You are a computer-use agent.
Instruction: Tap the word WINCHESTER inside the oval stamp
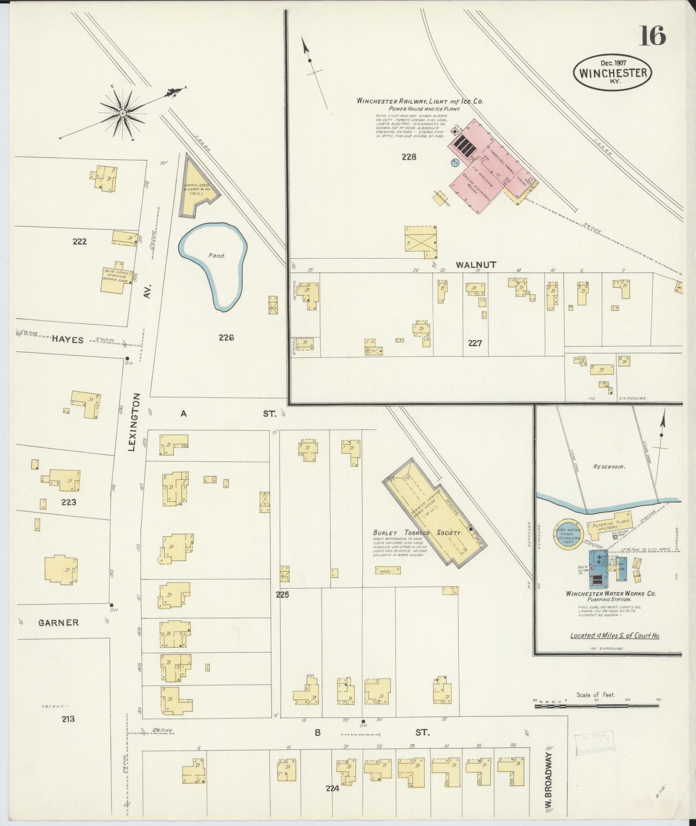click(613, 73)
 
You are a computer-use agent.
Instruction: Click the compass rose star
click(123, 113)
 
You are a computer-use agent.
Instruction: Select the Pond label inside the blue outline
click(217, 255)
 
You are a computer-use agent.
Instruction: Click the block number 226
click(226, 337)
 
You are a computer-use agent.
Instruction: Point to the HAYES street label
click(67, 340)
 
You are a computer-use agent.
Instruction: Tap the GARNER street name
click(58, 623)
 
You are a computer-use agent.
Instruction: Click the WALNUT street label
click(475, 265)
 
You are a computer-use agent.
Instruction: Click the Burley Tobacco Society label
click(417, 533)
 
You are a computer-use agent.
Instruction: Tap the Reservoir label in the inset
click(609, 466)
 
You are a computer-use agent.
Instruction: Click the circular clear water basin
click(569, 534)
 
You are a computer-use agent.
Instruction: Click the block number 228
click(408, 157)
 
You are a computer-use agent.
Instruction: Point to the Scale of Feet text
click(595, 694)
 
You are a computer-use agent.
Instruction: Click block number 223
click(68, 502)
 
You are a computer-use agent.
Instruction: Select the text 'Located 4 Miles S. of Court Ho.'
click(615, 635)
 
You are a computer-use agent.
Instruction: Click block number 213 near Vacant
click(68, 719)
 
